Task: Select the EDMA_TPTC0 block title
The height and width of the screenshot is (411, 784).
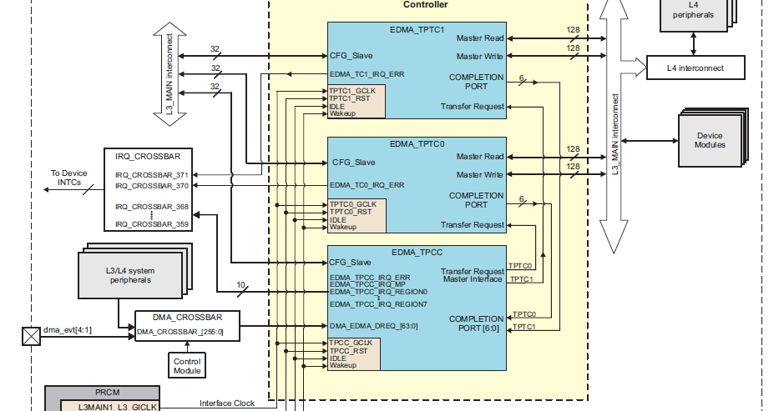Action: point(418,143)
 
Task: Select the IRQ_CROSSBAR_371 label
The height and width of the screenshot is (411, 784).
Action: point(151,174)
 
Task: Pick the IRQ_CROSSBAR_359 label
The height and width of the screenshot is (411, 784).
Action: point(151,223)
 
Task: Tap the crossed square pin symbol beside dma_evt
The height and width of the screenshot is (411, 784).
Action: point(31,335)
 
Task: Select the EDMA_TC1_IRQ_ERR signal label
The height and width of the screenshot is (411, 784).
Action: point(367,74)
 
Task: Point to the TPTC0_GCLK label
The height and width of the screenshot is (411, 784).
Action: point(353,203)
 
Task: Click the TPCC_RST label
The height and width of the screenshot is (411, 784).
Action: point(348,351)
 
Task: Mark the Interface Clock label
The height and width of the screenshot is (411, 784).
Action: point(227,403)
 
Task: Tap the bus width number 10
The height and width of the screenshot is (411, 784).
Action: point(240,285)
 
